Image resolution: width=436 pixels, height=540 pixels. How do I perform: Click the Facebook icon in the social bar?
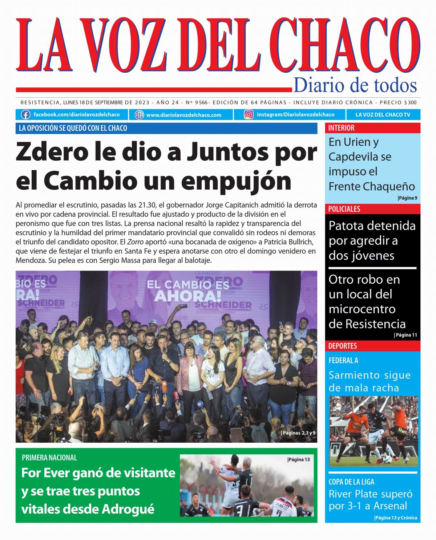tap(25, 115)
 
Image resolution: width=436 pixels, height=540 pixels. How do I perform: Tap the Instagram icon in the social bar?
tap(249, 115)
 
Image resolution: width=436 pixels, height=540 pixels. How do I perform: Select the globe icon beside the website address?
tap(139, 115)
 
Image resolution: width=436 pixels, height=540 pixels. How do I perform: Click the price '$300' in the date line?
tap(410, 103)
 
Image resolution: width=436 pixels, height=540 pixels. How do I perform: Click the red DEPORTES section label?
tap(343, 346)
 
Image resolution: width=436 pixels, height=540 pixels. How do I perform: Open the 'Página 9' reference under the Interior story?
tap(407, 198)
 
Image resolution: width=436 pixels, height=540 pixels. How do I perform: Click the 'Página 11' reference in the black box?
tap(405, 335)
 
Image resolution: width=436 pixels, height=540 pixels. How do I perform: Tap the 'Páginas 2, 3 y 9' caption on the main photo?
tap(298, 433)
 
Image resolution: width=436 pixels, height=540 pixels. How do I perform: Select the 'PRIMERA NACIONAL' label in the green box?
tap(49, 458)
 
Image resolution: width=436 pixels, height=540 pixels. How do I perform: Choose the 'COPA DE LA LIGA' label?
tap(351, 482)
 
